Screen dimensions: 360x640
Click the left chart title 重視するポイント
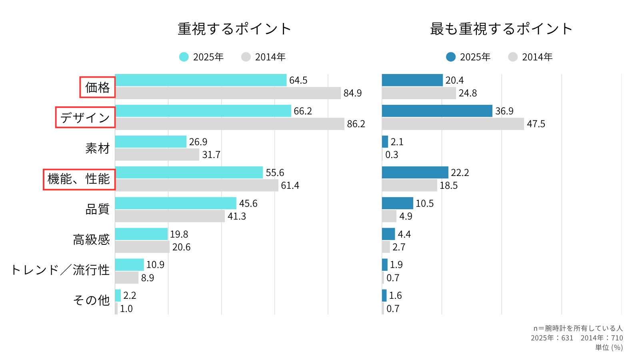pyautogui.click(x=234, y=29)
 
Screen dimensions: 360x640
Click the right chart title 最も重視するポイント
pyautogui.click(x=501, y=29)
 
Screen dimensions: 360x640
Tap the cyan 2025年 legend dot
pyautogui.click(x=184, y=57)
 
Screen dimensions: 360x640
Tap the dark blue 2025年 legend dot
pyautogui.click(x=451, y=57)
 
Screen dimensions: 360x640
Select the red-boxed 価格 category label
pyautogui.click(x=97, y=87)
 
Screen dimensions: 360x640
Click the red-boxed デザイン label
pyautogui.click(x=85, y=118)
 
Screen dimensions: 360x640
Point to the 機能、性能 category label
pyautogui.click(x=79, y=179)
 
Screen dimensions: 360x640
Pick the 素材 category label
pyautogui.click(x=97, y=148)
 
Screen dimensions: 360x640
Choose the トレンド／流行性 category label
pyautogui.click(x=60, y=270)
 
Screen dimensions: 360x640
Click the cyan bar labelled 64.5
pyautogui.click(x=201, y=80)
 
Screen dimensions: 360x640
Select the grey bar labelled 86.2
pyautogui.click(x=230, y=124)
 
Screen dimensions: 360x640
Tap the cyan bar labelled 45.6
pyautogui.click(x=176, y=203)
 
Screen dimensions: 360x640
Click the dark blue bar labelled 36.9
pyautogui.click(x=437, y=111)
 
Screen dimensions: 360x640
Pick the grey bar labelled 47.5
pyautogui.click(x=453, y=124)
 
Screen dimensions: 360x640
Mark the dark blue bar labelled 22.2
pyautogui.click(x=415, y=172)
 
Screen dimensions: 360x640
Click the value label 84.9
pyautogui.click(x=352, y=93)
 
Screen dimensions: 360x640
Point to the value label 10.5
pyautogui.click(x=424, y=204)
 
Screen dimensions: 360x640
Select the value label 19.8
pyautogui.click(x=179, y=234)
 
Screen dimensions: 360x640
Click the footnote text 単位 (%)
pyautogui.click(x=609, y=348)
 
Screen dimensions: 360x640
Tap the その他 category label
pyautogui.click(x=91, y=300)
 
